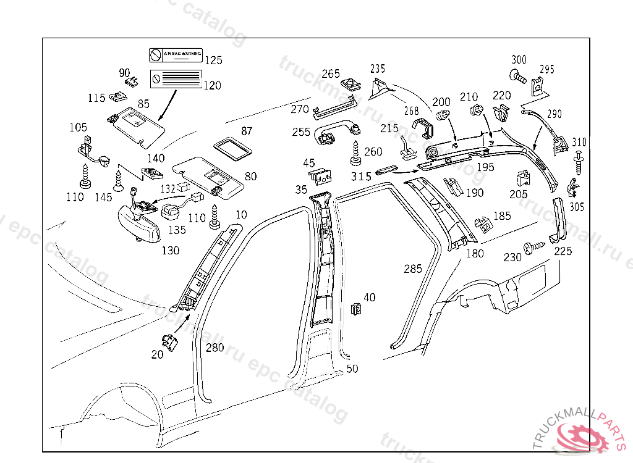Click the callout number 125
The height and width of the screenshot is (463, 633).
[213, 60]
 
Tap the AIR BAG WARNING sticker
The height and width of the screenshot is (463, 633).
[175, 56]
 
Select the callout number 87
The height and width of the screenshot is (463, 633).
[247, 131]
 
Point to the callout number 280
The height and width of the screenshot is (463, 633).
[215, 348]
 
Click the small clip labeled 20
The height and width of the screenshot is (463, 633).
[170, 340]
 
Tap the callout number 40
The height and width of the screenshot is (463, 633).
[369, 298]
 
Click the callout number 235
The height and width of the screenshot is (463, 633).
[377, 69]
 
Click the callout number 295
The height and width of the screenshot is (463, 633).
[548, 69]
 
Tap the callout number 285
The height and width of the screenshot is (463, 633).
[413, 269]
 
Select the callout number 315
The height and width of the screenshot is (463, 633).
[361, 177]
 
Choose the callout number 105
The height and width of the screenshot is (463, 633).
[78, 127]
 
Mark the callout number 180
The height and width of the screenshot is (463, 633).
[475, 253]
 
